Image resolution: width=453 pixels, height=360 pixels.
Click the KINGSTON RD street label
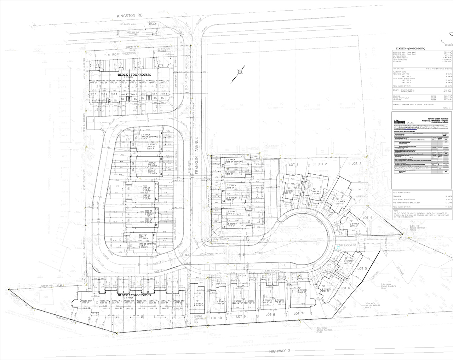coord(130,16)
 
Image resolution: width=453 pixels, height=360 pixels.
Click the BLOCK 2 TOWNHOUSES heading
coord(134,295)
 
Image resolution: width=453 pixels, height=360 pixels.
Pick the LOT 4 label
coord(367,217)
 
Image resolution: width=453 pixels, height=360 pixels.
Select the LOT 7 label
coord(298,313)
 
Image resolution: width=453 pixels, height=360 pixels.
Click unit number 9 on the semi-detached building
coord(161,133)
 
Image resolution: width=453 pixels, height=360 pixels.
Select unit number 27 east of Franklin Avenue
coord(223,166)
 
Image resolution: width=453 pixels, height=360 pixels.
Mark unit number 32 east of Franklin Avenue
coord(223,227)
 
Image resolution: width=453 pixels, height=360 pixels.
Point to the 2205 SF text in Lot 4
coord(354,226)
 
